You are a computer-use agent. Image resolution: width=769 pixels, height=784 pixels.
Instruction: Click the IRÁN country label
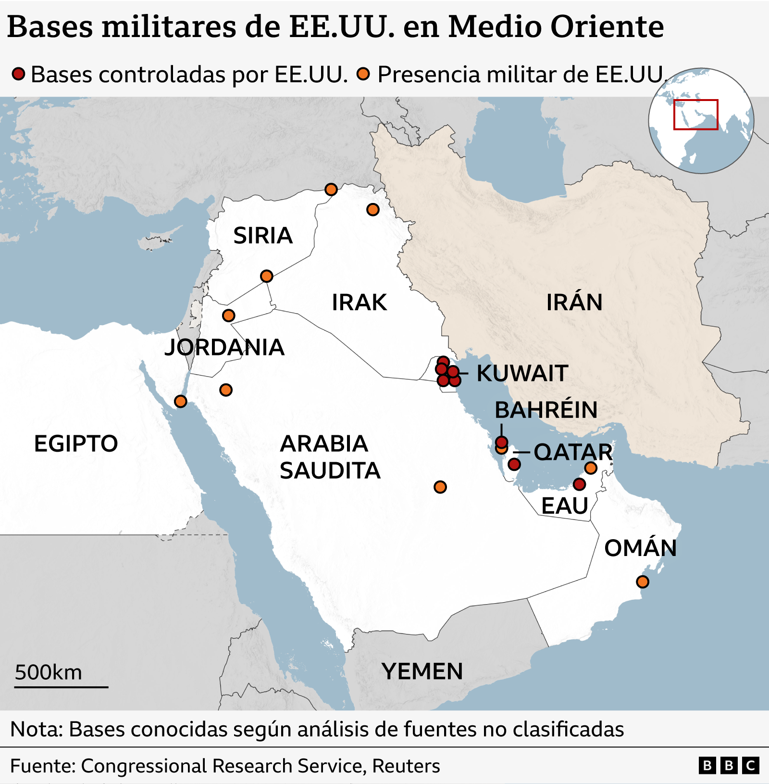point(574,303)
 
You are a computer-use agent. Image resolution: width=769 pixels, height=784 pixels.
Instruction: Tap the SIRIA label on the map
point(262,236)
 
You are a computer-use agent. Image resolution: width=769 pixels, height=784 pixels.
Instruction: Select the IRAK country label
point(359,303)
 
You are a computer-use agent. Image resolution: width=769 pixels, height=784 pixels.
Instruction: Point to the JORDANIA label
point(224,347)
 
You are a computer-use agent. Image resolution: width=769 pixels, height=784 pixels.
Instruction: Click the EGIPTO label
point(76,443)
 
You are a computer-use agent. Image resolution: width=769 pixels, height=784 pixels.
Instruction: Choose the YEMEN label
point(422,671)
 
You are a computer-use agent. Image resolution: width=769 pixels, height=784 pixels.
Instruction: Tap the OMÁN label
point(640,548)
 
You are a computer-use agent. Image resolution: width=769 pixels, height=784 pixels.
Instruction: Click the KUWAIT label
point(522,374)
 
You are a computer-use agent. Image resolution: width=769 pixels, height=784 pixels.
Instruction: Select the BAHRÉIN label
point(546,410)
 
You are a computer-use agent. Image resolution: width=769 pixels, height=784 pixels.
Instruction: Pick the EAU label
point(565,506)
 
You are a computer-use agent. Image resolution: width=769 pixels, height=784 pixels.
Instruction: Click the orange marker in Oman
point(642,582)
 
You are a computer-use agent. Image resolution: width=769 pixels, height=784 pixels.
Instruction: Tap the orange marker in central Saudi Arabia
point(440,487)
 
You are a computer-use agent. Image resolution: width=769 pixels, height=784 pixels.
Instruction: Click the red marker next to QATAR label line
point(514,464)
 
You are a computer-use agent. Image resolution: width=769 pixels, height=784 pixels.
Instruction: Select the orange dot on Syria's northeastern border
point(331,190)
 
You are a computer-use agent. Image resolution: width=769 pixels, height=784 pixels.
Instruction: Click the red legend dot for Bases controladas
point(18,74)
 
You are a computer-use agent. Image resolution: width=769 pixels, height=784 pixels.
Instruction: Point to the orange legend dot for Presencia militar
point(363,74)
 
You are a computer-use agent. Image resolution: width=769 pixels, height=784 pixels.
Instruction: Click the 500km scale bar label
point(49,672)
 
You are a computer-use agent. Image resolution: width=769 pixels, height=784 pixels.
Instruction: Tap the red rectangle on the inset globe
point(695,114)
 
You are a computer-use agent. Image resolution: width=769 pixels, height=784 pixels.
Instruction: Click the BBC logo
point(729,766)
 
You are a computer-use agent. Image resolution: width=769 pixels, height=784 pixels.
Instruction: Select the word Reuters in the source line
point(406,766)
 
